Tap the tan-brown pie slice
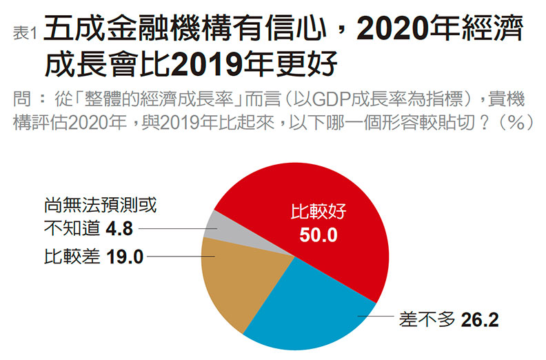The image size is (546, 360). click(x=231, y=276)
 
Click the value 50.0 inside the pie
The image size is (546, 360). click(x=318, y=236)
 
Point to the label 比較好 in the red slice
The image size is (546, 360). click(x=318, y=212)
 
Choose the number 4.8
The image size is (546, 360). click(x=119, y=228)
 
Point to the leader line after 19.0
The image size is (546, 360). click(x=179, y=257)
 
